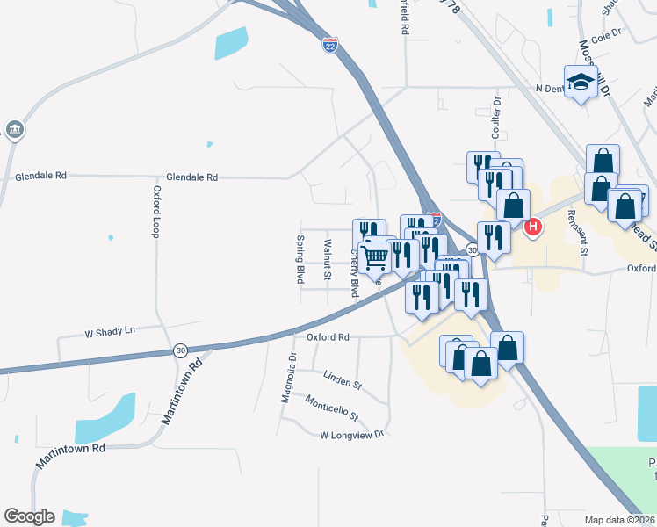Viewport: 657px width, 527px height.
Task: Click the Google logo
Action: pyautogui.click(x=29, y=516)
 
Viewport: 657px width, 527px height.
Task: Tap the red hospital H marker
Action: pyautogui.click(x=532, y=228)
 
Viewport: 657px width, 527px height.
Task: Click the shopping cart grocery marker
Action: pyautogui.click(x=375, y=256)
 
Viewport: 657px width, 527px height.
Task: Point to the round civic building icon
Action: pyautogui.click(x=14, y=130)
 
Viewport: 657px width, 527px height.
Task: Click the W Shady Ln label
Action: pyautogui.click(x=110, y=331)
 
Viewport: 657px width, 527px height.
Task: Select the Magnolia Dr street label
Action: pyautogui.click(x=286, y=377)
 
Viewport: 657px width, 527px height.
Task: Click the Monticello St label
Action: pyautogui.click(x=332, y=407)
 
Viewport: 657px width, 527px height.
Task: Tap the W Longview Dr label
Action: pyautogui.click(x=352, y=434)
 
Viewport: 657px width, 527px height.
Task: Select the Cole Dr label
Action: pyautogui.click(x=606, y=40)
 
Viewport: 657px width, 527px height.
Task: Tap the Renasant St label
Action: pyautogui.click(x=582, y=225)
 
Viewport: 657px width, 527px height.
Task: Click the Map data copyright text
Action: pyautogui.click(x=618, y=520)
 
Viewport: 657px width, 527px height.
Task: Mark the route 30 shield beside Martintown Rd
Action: pyautogui.click(x=180, y=350)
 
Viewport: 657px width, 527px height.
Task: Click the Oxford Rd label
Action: pyautogui.click(x=328, y=336)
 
